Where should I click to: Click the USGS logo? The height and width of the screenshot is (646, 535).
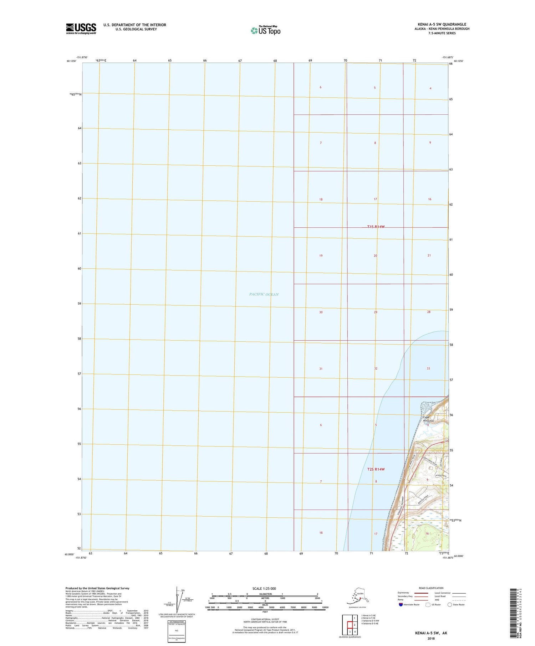pos(81,28)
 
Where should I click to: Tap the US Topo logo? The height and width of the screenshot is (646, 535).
pos(265,30)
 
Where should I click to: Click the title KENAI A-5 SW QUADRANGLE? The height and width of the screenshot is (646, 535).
pos(442,24)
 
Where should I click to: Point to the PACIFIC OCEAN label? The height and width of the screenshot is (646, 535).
pos(264,294)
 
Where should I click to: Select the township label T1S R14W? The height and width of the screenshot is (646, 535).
pos(376,227)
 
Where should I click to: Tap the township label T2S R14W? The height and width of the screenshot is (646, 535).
pos(376,469)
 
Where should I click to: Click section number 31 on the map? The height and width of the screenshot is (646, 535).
pos(321,369)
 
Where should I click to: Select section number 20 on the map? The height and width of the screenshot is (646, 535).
pos(375,256)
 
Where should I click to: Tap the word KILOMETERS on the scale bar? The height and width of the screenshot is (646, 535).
pos(265,594)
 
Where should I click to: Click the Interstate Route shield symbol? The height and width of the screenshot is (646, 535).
pos(401,605)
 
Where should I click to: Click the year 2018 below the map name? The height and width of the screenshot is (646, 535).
pos(430,639)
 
